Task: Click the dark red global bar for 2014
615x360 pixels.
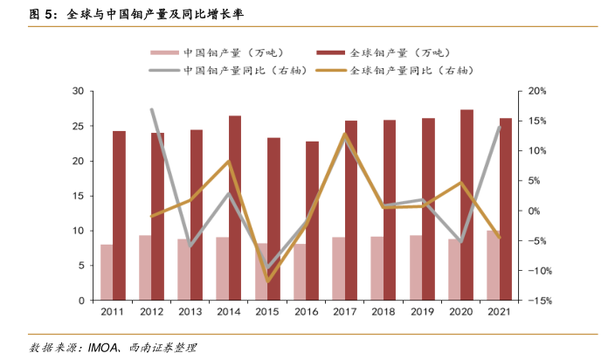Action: pos(235,208)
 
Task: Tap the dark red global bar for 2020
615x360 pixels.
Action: pos(467,205)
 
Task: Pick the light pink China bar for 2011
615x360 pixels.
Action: pos(107,273)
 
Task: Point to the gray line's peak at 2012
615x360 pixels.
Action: pos(151,109)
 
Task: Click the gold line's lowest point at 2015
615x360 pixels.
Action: pos(267,281)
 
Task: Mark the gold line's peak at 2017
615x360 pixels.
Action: pos(345,134)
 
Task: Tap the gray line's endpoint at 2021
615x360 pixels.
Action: pos(500,127)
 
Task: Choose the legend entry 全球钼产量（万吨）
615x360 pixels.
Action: pos(398,52)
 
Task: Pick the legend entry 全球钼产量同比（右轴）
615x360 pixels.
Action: pos(408,71)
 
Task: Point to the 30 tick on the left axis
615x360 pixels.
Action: pos(78,91)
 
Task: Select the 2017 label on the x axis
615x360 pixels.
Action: pos(345,312)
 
